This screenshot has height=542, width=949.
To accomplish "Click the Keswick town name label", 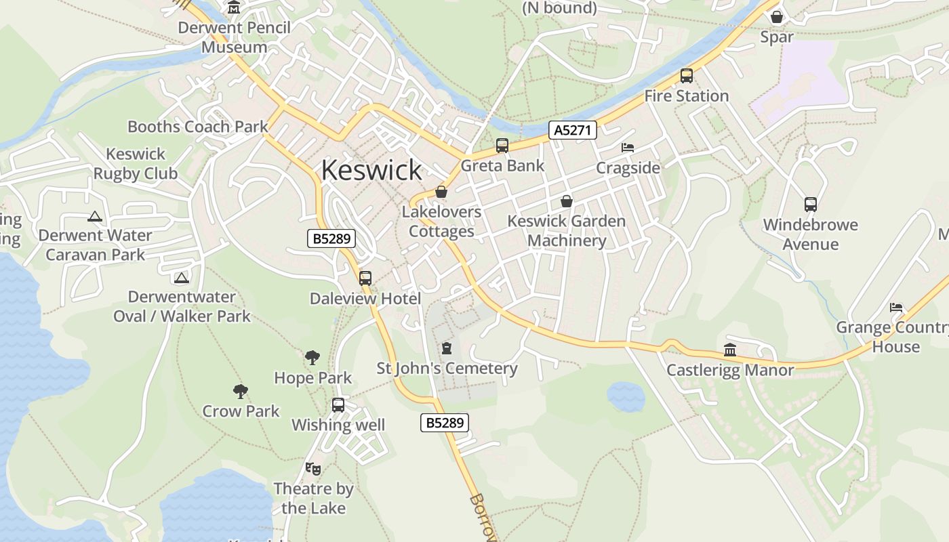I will coord(371,169).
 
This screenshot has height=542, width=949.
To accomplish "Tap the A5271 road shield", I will coord(573,130).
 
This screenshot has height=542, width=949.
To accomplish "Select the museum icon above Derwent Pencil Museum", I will coord(234,7).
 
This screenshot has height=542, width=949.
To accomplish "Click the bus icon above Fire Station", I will coord(686,76).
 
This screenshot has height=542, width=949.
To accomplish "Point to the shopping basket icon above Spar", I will coord(777,16).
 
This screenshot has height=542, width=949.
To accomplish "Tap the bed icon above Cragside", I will coord(628,147).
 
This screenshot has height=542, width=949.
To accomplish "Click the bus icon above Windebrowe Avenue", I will coord(810,204).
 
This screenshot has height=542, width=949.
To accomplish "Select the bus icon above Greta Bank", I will coord(502,145).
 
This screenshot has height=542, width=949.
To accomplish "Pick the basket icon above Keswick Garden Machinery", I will coord(567,201).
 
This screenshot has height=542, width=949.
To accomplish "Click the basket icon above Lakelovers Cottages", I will coord(441,192).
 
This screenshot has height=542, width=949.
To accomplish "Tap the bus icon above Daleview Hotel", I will coord(365,278).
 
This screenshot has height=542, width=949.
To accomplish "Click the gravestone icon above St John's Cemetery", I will coord(446,348).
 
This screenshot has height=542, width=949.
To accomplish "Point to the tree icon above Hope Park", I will coord(312,357).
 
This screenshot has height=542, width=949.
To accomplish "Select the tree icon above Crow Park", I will coord(240,391).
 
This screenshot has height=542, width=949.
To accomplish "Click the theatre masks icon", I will coord(312,468).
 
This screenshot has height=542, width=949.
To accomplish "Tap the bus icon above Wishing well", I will coord(338,405).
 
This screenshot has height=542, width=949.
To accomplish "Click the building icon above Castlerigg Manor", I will coord(730,350).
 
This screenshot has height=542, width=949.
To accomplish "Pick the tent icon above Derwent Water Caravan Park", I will coord(95,217).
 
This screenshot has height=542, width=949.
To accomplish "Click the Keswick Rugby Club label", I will coord(136,164).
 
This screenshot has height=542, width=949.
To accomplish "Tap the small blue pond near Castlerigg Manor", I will coord(625,396).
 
